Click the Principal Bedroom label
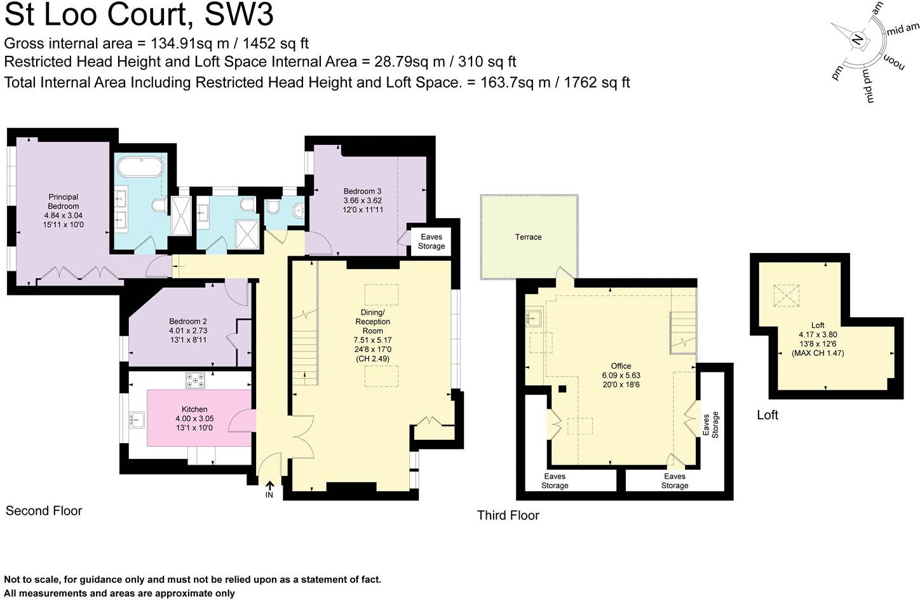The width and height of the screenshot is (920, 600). (63, 201)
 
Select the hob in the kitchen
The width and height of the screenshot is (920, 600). (194, 380)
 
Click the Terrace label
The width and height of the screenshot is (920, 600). (528, 237)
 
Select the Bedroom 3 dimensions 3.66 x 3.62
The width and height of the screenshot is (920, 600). (362, 200)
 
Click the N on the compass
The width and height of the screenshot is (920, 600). (857, 39)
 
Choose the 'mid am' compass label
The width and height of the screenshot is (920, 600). (903, 29)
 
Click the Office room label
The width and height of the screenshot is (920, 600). (621, 366)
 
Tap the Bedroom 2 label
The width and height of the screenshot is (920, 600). (188, 322)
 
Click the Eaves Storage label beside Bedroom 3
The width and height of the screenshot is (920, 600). (431, 242)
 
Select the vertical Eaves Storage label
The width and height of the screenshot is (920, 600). (710, 425)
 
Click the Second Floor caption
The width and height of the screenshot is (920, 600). (44, 510)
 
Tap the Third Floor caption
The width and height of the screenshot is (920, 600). (508, 515)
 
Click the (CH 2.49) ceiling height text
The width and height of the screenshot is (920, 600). (372, 358)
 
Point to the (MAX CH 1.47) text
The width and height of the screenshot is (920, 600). (818, 353)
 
